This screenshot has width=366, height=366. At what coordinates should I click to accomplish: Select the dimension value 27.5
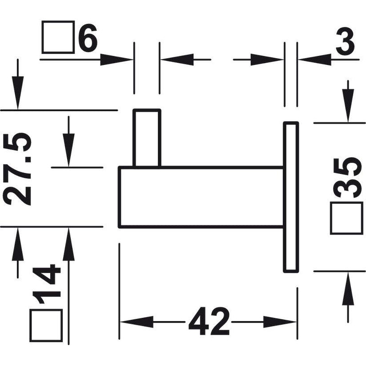point(17,169)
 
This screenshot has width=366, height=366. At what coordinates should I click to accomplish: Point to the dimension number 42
point(209,322)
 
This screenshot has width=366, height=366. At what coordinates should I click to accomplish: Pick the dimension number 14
point(47,284)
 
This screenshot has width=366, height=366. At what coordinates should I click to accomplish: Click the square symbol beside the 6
point(58,37)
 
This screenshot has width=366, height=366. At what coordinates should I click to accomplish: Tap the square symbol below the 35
point(347,218)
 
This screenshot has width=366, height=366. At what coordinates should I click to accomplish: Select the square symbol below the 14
point(46,325)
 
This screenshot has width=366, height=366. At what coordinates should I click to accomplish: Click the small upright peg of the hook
point(147,138)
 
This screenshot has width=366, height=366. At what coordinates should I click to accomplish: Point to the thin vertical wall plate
point(291,197)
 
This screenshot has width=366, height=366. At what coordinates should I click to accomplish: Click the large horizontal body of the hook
point(201,197)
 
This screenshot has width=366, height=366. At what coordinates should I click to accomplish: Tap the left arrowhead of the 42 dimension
point(136,322)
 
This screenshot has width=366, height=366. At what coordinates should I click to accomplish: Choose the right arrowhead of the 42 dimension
point(280,322)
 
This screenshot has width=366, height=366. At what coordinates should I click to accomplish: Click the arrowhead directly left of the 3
point(315,60)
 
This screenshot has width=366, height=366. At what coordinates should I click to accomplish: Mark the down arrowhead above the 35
point(348,106)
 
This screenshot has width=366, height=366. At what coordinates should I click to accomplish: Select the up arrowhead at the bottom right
point(348,289)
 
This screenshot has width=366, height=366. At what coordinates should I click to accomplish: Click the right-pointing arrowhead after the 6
point(117,60)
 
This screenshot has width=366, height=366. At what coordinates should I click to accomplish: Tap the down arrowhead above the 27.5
point(18,93)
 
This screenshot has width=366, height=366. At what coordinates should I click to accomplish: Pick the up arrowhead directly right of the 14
point(69,244)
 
